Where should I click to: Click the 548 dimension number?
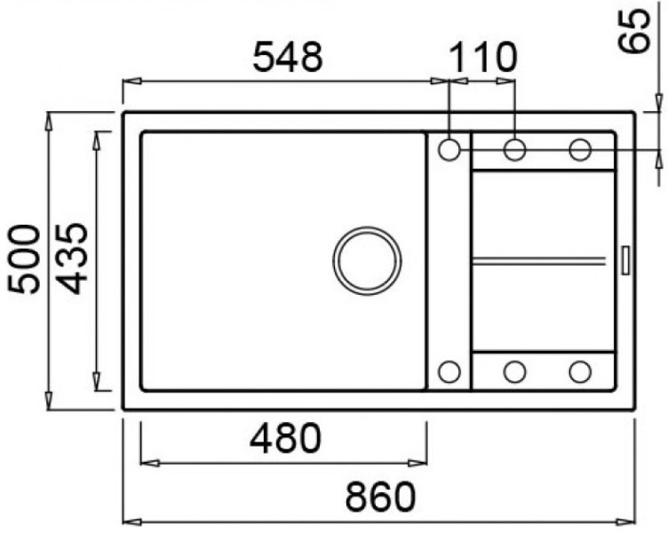coord(288,57)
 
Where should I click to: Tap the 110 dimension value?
coord(482,57)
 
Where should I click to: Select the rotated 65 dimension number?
coord(635,31)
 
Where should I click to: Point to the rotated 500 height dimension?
coord(24,259)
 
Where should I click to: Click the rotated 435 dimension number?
coord(72,259)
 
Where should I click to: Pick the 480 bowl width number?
coord(285,438)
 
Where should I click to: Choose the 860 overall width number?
coord(380,497)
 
